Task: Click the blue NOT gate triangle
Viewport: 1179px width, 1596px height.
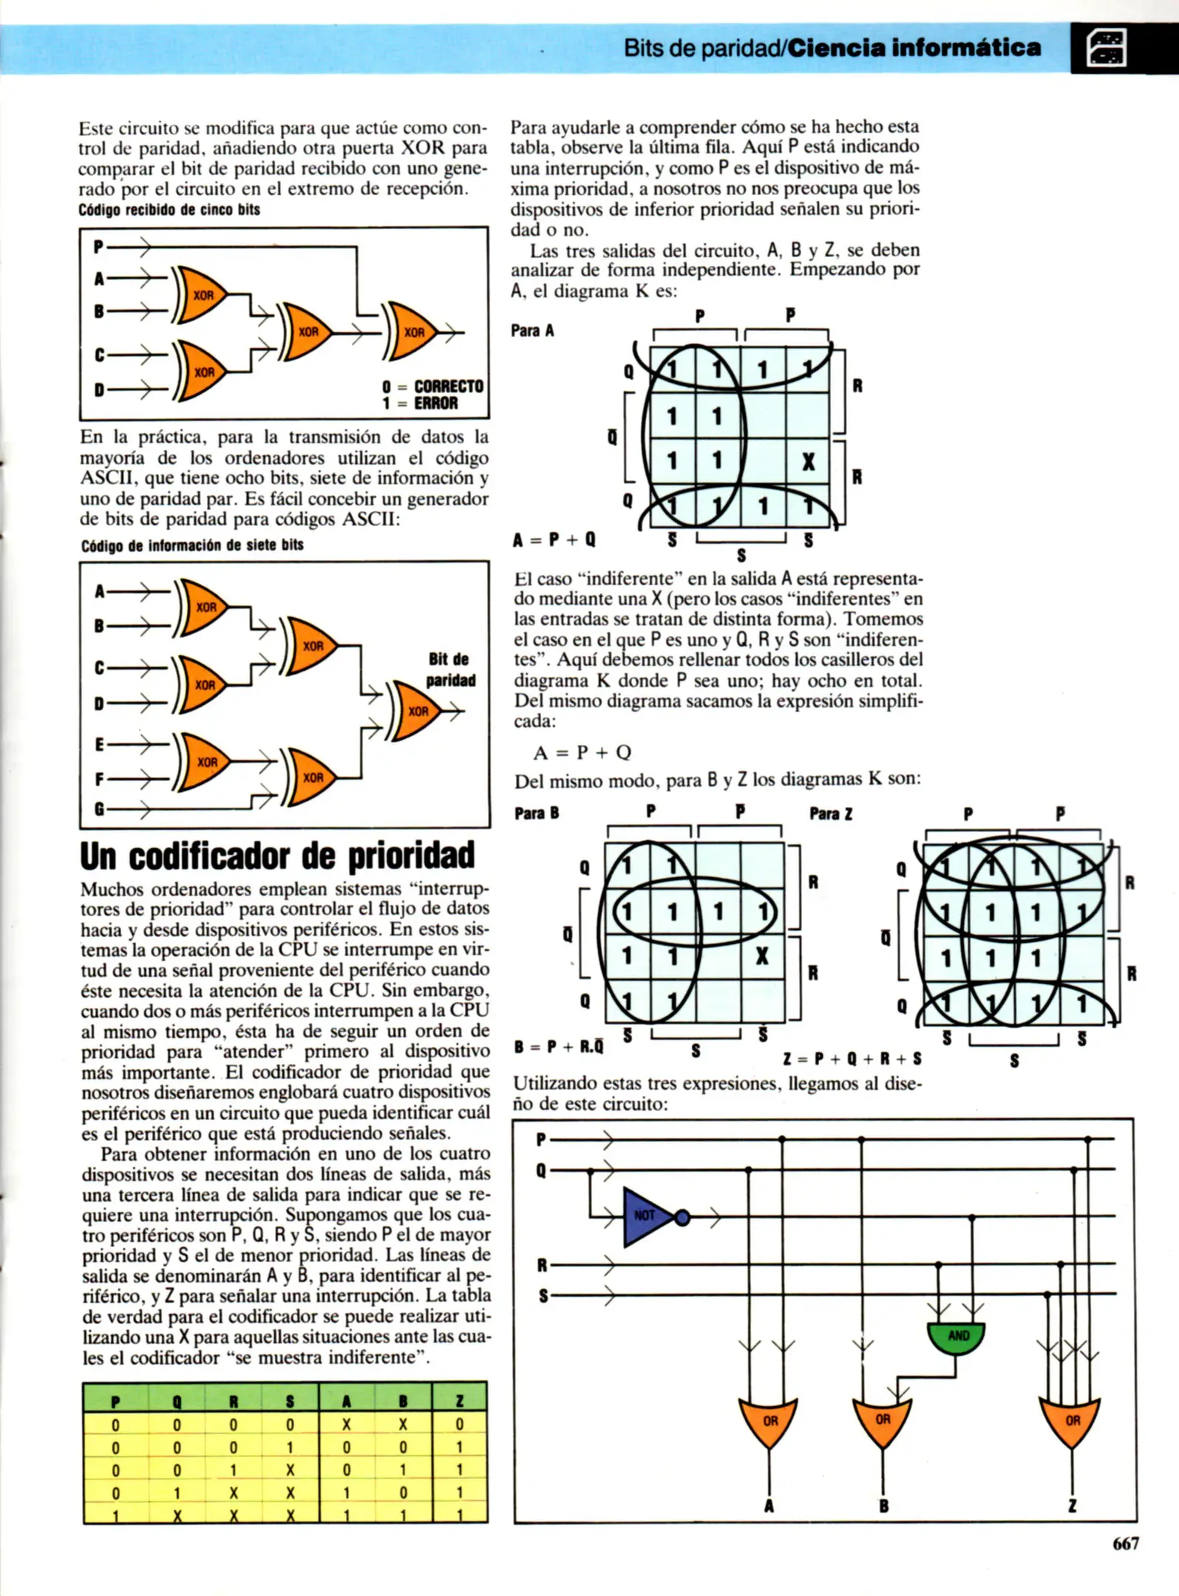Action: click(645, 1216)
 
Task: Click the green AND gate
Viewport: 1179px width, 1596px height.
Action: click(957, 1335)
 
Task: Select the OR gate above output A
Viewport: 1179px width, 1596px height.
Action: click(769, 1420)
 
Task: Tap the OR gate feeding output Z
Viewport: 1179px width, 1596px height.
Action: click(1071, 1420)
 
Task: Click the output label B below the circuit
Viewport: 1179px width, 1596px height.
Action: click(883, 1506)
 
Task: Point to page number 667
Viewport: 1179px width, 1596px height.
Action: click(1125, 1543)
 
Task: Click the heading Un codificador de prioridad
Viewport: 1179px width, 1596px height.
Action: click(277, 856)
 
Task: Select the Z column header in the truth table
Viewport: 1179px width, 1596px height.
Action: click(459, 1401)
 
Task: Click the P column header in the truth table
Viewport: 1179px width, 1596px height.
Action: click(115, 1401)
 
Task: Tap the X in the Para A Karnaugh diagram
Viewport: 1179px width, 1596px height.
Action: click(808, 462)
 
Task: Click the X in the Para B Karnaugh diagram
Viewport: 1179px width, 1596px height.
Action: click(762, 956)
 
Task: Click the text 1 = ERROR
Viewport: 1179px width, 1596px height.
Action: click(420, 403)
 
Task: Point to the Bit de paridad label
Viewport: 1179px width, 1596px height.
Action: click(449, 669)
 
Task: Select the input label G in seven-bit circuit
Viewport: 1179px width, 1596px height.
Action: click(99, 809)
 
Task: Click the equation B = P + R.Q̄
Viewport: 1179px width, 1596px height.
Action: click(559, 1046)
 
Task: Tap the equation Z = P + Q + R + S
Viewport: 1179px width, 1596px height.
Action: click(852, 1058)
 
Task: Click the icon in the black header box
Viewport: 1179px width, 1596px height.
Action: click(1106, 49)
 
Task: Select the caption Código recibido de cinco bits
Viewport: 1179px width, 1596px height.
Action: click(169, 210)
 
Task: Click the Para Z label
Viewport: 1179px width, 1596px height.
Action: click(831, 814)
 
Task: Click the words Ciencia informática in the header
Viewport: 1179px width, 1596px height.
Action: click(914, 48)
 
